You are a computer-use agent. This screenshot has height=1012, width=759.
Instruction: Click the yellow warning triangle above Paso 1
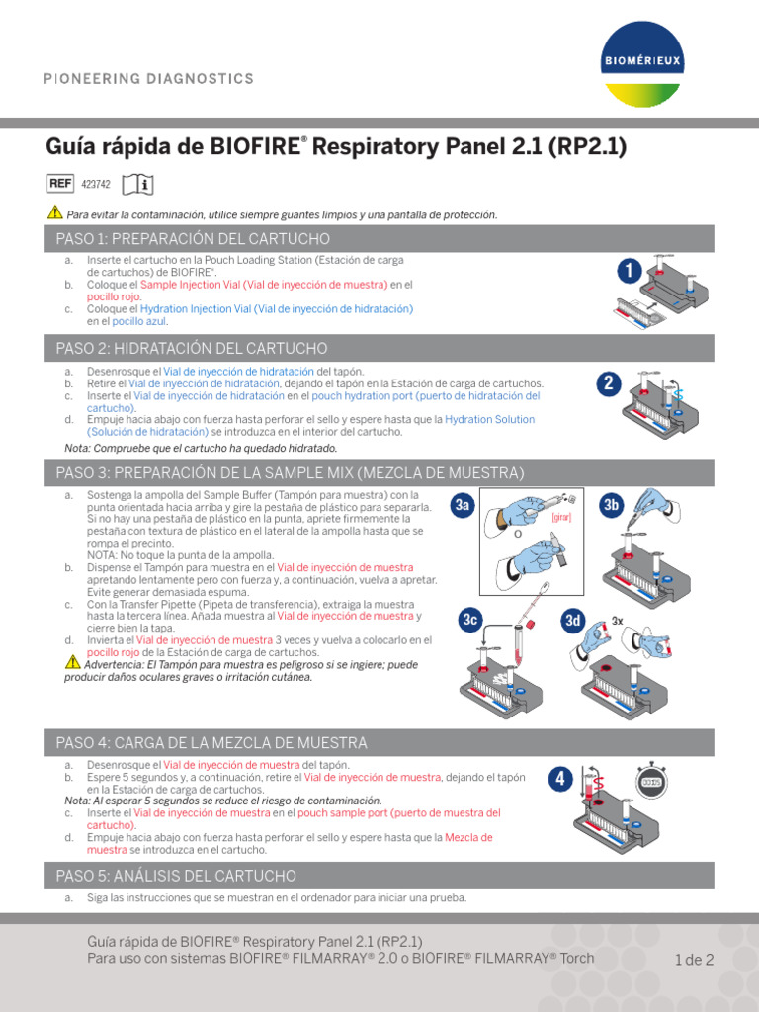point(54,213)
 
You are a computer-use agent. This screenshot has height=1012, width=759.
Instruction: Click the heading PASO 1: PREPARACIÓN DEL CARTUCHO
point(193,239)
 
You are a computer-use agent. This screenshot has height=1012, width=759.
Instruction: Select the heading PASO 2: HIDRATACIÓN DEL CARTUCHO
point(192,348)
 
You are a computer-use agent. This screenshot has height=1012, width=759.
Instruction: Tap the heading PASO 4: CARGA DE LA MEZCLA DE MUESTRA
point(211,742)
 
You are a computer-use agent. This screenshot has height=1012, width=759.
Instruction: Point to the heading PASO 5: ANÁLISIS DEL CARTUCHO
point(176,876)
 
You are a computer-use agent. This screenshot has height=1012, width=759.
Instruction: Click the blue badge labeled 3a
point(463,506)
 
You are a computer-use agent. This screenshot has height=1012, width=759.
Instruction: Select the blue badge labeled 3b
point(612,506)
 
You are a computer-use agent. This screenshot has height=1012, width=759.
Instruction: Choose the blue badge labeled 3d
point(573,620)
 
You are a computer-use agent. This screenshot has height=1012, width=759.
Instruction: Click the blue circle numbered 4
point(560,779)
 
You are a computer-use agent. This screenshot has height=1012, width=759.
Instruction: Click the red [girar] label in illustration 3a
point(562,516)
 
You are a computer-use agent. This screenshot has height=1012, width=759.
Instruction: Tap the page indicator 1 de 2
point(694,959)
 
